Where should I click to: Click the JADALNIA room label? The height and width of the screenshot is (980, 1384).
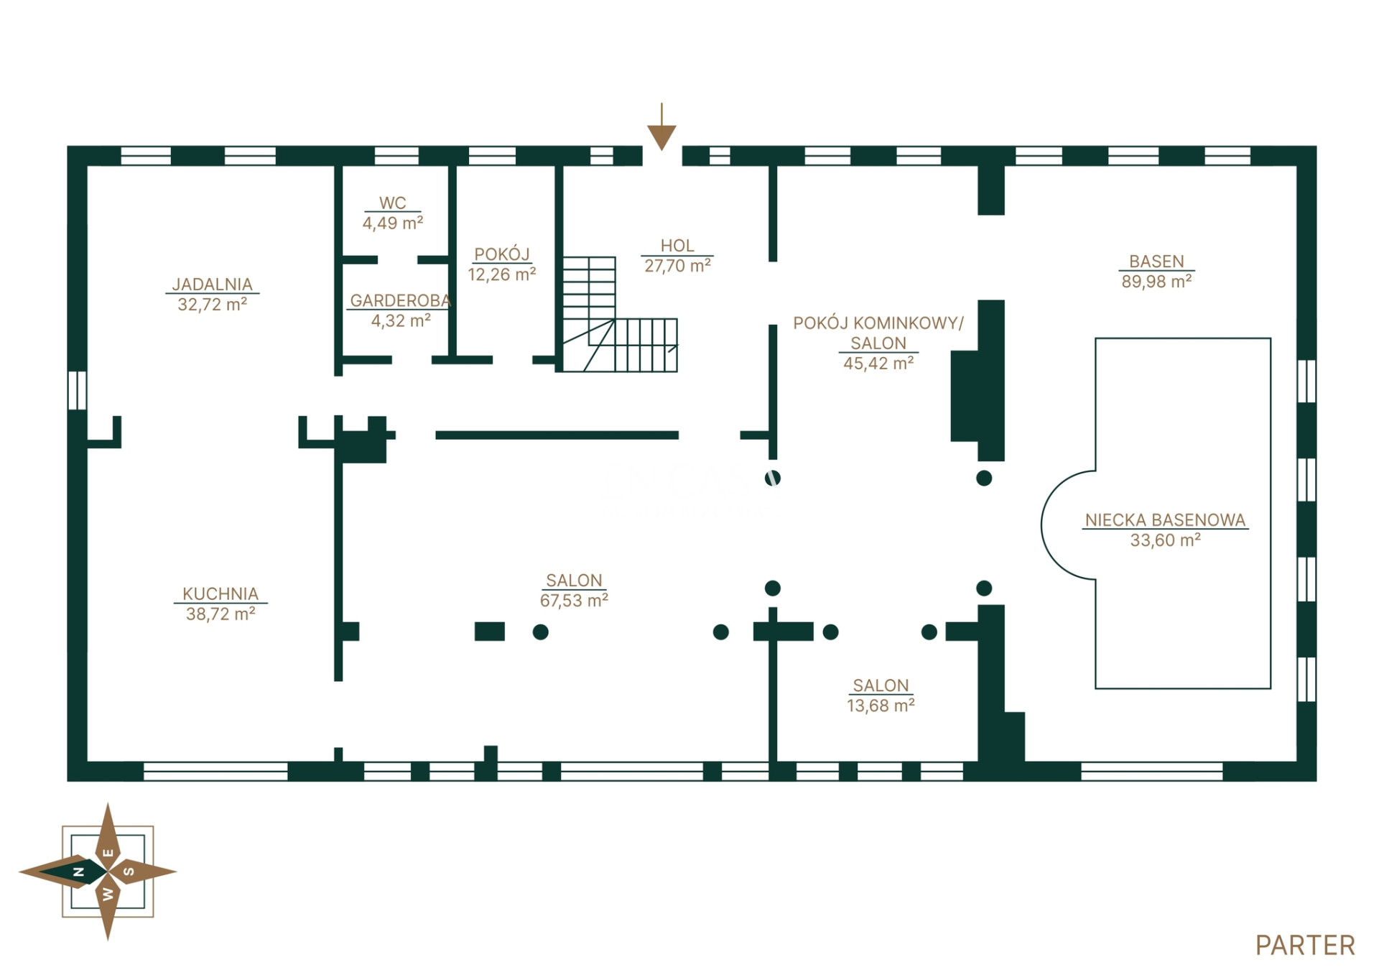[213, 285]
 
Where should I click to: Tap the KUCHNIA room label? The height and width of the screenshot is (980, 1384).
[220, 594]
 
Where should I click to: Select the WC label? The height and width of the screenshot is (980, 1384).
[393, 203]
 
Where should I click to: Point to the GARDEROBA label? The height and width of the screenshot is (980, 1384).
[400, 301]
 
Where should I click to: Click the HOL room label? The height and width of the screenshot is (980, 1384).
[677, 246]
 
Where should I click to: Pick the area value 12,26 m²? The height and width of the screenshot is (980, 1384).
[502, 274]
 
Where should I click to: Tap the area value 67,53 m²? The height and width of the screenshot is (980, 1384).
[574, 601]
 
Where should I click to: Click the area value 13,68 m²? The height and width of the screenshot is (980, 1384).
[881, 706]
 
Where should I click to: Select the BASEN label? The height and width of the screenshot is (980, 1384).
[1156, 262]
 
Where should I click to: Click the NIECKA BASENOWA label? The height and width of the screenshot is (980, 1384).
[1165, 520]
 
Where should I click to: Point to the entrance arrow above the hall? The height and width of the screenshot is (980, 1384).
[661, 127]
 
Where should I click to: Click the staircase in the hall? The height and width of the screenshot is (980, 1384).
[619, 315]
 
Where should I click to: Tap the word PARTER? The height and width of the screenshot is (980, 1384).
[1305, 946]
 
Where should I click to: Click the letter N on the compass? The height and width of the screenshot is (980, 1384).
[79, 872]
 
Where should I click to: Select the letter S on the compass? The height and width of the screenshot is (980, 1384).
[129, 872]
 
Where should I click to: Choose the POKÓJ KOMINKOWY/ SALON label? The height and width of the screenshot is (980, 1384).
[878, 333]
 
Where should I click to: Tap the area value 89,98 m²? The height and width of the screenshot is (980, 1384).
[1156, 282]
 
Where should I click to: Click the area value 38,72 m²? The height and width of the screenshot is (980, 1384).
[220, 614]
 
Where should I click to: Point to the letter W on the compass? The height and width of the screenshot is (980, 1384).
[108, 895]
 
